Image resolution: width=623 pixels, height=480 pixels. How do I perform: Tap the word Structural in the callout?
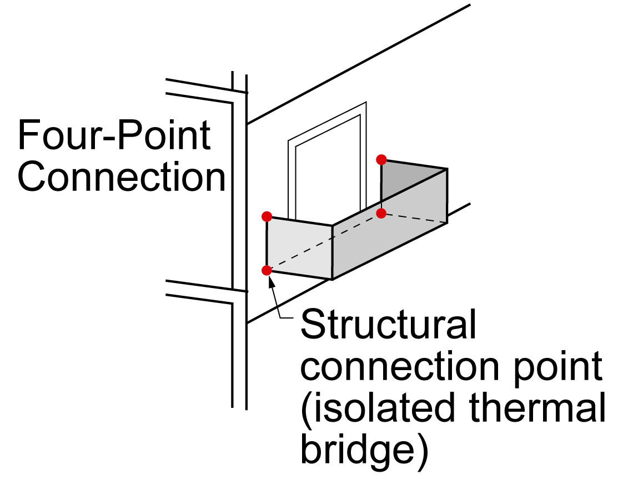[x=388, y=324]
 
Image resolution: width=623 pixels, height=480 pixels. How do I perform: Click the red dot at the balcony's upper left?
[x=267, y=217]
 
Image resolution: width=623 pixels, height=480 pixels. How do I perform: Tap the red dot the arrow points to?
[x=267, y=270]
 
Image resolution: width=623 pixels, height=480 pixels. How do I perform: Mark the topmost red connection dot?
[x=381, y=160]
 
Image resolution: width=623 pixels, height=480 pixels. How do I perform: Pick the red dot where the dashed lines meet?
[x=381, y=214]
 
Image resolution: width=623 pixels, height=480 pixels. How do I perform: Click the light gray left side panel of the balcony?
[x=299, y=247]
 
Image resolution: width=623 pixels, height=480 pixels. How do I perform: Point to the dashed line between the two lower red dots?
[x=324, y=242]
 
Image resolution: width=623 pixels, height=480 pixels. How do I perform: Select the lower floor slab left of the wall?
[x=199, y=292]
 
